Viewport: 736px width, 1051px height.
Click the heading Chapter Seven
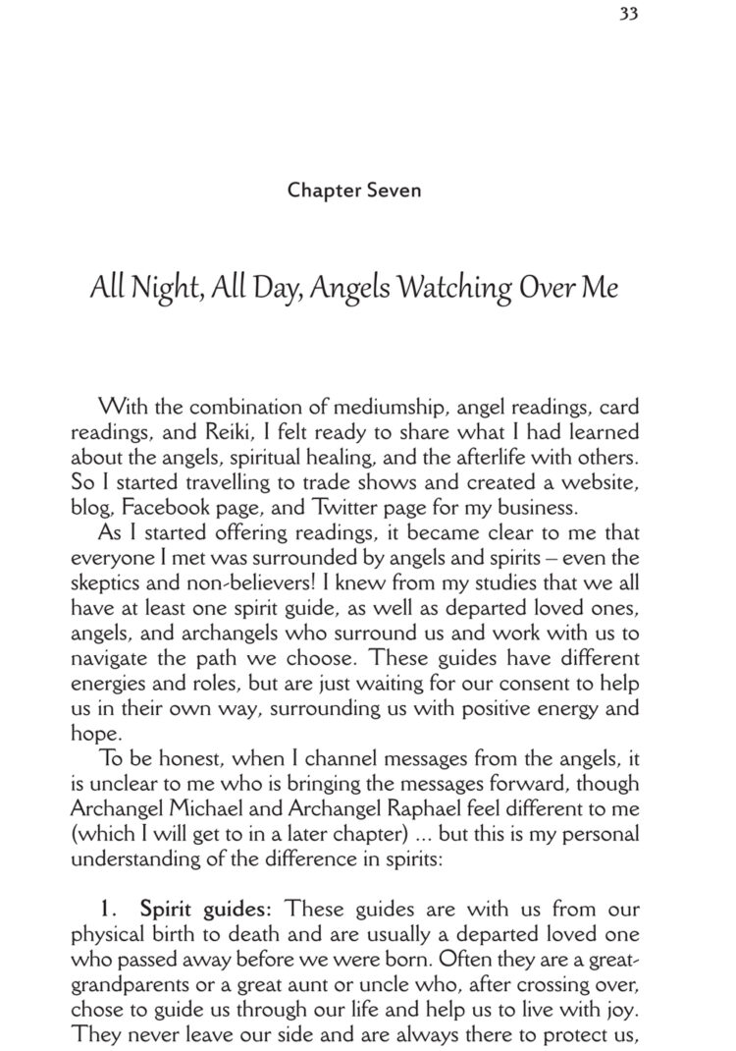[354, 190]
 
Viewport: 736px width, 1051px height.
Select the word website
[602, 483]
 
